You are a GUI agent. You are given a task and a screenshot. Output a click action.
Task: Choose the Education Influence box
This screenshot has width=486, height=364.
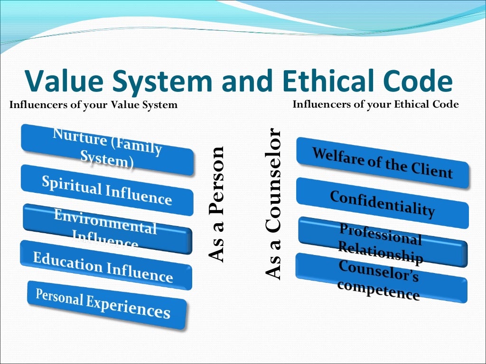[105, 266]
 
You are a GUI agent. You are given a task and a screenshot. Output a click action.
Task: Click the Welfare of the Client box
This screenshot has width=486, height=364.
[382, 163]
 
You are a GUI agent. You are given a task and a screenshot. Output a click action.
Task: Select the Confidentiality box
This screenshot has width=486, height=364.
[382, 203]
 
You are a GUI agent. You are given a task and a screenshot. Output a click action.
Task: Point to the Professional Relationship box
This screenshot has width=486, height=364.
[381, 242]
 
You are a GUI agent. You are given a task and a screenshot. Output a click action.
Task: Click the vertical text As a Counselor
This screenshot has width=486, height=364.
[274, 204]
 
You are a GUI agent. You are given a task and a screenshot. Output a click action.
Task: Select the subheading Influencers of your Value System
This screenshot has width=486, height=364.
[93, 105]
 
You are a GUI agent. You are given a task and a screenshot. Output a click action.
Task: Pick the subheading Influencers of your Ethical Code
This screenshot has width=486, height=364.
[375, 104]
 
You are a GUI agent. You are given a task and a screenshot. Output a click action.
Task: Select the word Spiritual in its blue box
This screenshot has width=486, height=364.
[71, 184]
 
